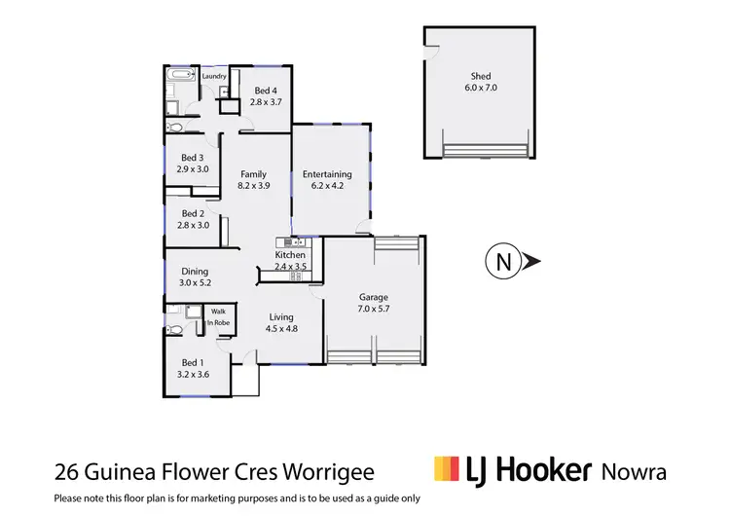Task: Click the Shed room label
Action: click(480, 77)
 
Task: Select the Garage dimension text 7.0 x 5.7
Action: click(374, 311)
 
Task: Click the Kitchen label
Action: click(290, 255)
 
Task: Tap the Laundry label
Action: click(214, 76)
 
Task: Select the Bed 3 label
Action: click(192, 158)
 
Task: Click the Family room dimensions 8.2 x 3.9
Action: click(254, 187)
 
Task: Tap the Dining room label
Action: click(195, 272)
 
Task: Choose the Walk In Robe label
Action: click(218, 317)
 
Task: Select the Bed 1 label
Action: click(194, 362)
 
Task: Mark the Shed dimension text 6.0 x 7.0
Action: click(480, 89)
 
